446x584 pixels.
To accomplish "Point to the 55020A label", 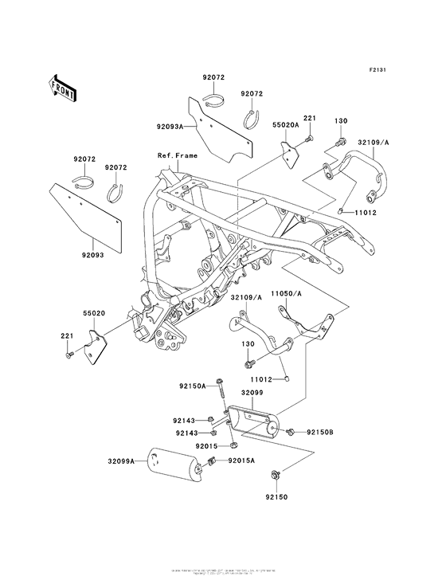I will click(285, 126).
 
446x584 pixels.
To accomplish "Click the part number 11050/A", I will click(288, 293).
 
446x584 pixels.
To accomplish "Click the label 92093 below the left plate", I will click(92, 256).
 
